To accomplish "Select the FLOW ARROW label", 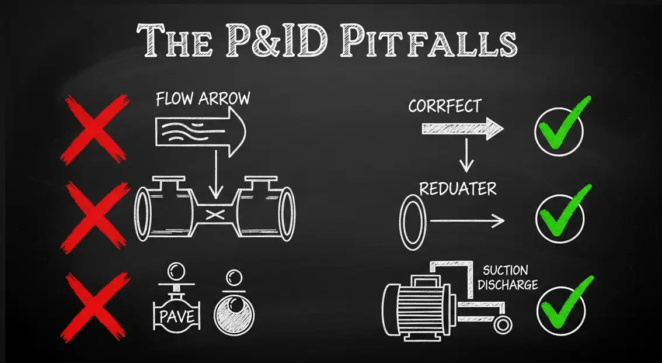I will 203,98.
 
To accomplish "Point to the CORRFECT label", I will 445,106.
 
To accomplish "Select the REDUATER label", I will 458,189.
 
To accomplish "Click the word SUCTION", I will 506,271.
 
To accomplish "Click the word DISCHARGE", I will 510,285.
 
